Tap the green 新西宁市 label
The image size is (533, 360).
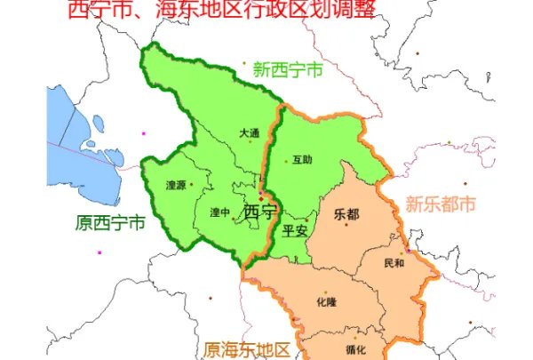(287, 68)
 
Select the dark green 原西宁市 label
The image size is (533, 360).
(110, 223)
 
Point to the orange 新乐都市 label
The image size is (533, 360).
(441, 204)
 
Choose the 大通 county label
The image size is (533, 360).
(249, 133)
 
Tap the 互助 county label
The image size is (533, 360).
(302, 161)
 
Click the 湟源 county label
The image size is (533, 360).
(176, 186)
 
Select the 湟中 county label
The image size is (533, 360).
(219, 212)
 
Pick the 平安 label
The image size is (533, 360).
(294, 230)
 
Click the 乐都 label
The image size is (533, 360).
(347, 214)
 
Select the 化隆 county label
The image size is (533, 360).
(325, 302)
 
